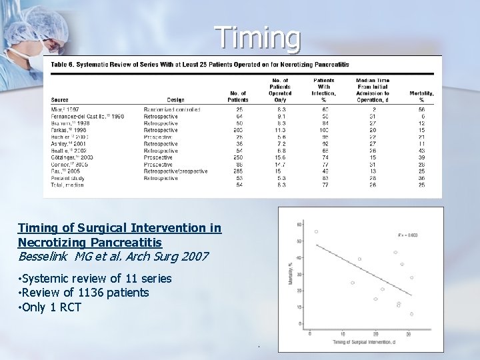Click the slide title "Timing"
[x=258, y=38]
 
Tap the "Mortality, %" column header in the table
[x=421, y=96]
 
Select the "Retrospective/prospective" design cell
[x=175, y=171]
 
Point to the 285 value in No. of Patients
[x=238, y=171]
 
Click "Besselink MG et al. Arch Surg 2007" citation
[x=113, y=256]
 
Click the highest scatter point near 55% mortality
[x=316, y=231]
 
